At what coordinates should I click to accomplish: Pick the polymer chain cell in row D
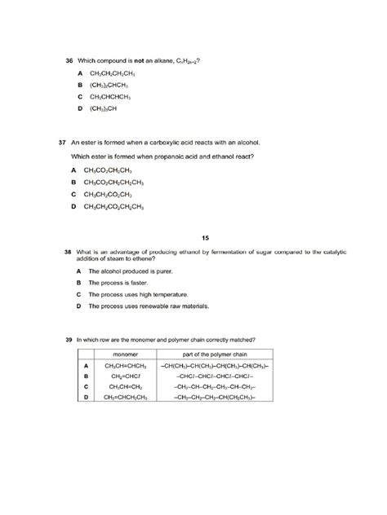(215, 397)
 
